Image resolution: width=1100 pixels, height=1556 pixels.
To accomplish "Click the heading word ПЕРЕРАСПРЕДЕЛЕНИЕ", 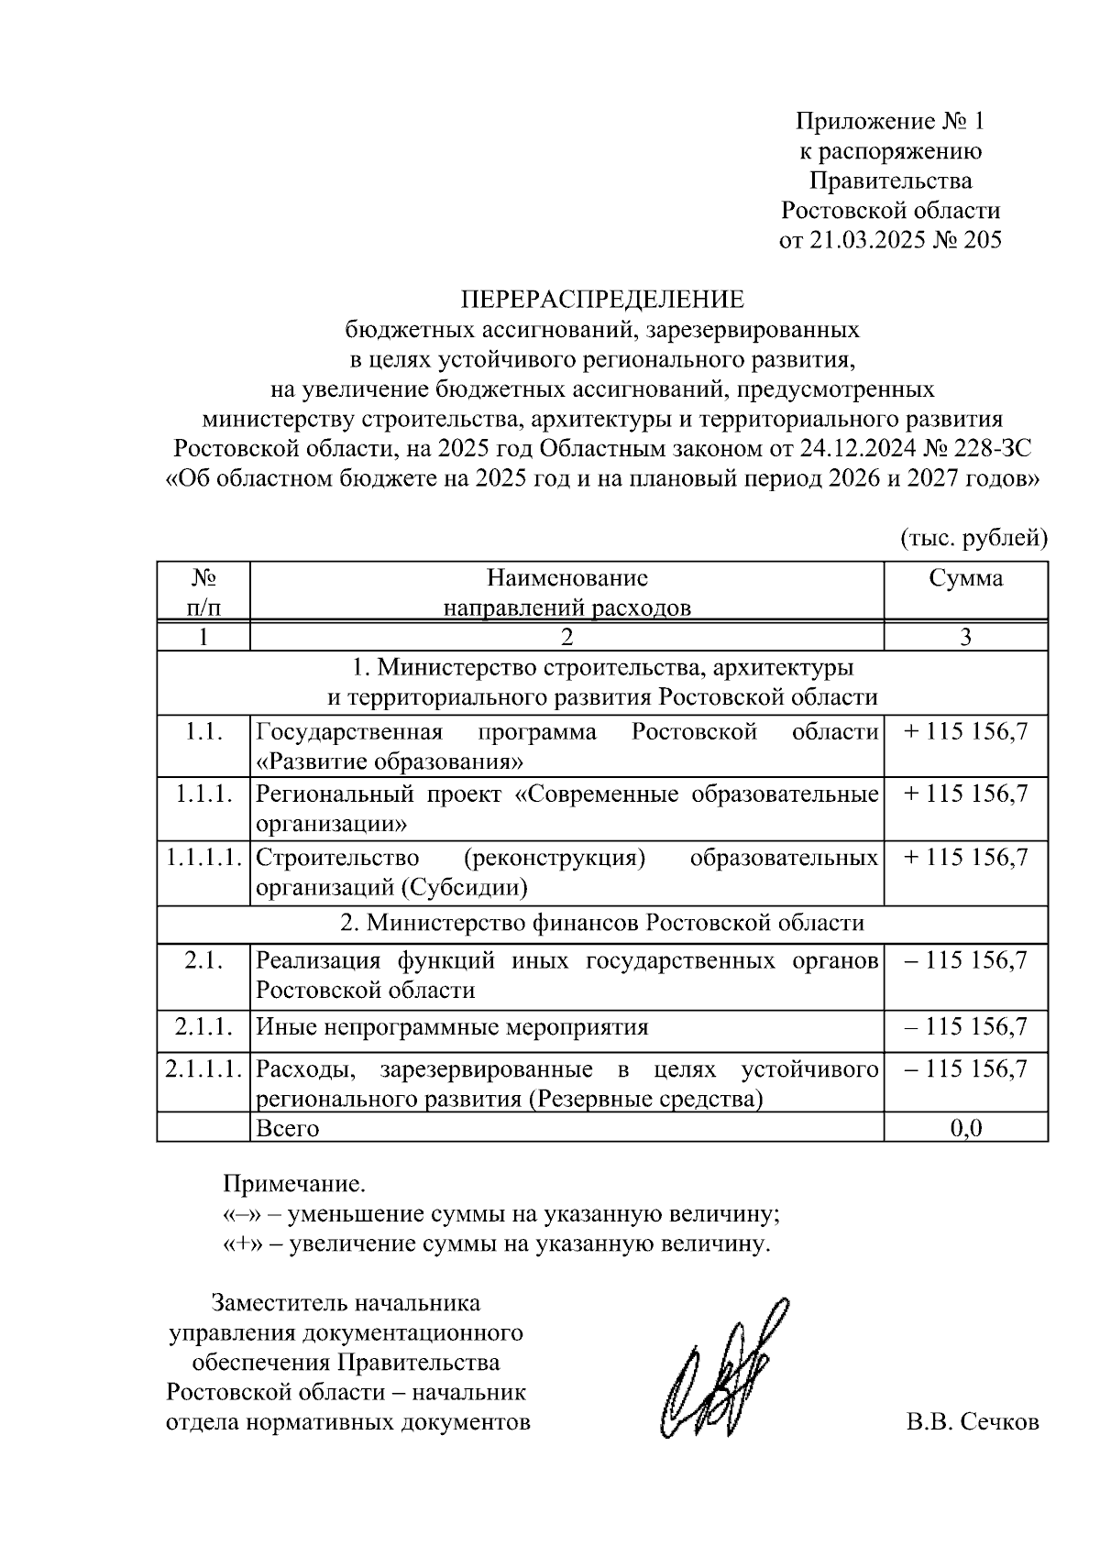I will point(601,300).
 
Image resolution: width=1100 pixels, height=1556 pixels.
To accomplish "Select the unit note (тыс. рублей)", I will point(973,538).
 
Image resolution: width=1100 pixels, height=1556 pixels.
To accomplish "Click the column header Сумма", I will point(965,578).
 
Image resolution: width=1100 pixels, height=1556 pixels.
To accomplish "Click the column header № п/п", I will point(203,592).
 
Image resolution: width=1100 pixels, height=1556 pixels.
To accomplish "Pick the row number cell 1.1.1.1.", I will point(203,858).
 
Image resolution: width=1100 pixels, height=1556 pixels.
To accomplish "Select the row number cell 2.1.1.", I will point(203,1026).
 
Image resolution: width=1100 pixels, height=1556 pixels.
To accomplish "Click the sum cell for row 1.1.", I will point(965,731).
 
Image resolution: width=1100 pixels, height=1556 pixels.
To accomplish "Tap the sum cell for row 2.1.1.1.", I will point(965,1068).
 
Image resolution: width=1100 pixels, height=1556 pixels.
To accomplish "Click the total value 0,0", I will point(965,1127).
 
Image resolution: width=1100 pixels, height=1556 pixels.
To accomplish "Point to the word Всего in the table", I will point(287,1128).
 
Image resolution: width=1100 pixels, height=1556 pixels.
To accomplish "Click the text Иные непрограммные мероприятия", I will point(452,1026).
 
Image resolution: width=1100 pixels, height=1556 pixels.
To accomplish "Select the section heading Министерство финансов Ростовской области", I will point(601,923).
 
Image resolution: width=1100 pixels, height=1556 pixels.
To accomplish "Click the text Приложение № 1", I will point(888,121).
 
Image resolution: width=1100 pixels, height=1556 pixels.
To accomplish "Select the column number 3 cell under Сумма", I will point(965,637).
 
